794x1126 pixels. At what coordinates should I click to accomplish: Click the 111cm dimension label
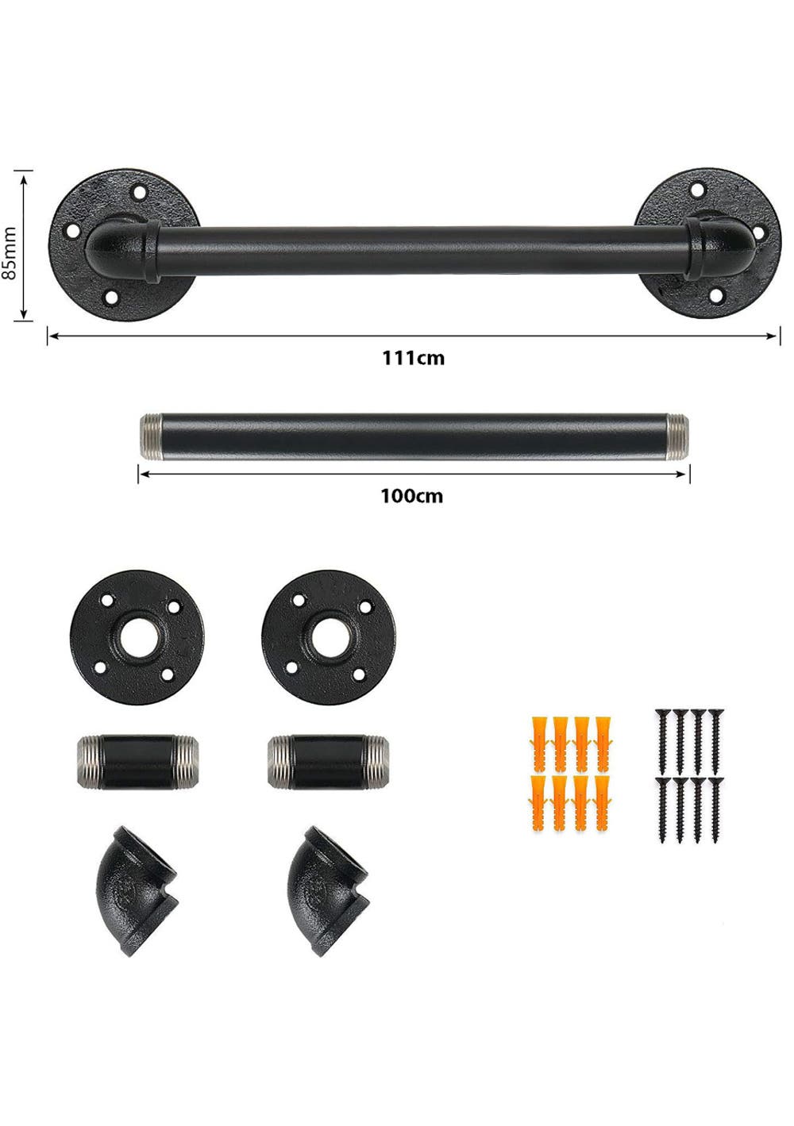pyautogui.click(x=413, y=358)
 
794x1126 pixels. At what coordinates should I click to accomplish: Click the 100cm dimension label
pyautogui.click(x=411, y=496)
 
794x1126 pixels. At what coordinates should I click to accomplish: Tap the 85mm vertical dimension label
pyautogui.click(x=11, y=252)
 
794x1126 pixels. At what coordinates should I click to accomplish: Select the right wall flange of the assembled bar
pyautogui.click(x=707, y=243)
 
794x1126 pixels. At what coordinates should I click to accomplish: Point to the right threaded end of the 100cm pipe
pyautogui.click(x=678, y=436)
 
